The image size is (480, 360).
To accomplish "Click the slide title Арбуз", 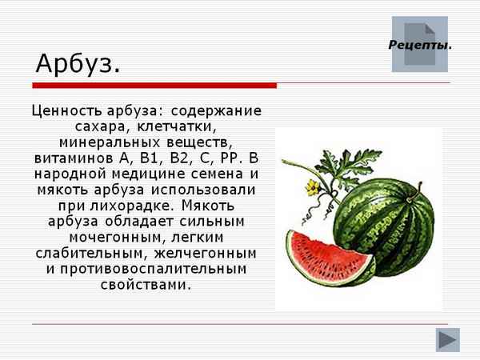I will tap(78, 63).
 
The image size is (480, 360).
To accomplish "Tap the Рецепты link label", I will tap(420, 45).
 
